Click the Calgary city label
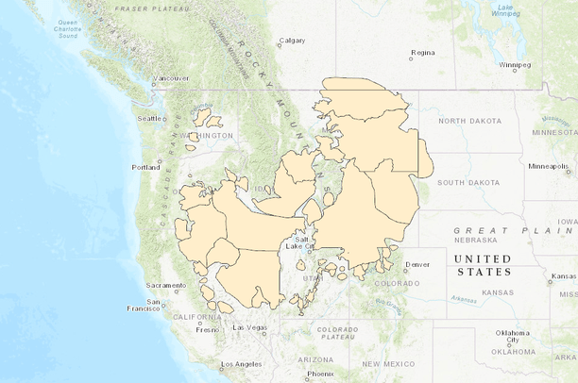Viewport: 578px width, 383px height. [x=293, y=40]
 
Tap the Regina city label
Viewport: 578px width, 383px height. [x=423, y=52]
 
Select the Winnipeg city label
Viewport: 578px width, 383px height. [x=516, y=65]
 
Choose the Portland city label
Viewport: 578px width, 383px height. [x=146, y=167]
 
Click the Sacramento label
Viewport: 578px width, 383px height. [x=167, y=285]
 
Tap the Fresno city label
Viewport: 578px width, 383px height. [x=208, y=330]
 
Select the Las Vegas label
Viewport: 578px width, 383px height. [x=250, y=327]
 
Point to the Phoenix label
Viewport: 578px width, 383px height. [x=320, y=374]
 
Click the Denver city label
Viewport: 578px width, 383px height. [x=416, y=264]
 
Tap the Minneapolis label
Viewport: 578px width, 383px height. [x=549, y=166]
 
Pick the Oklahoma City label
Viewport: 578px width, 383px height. [x=514, y=336]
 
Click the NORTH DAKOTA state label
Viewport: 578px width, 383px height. [x=466, y=121]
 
